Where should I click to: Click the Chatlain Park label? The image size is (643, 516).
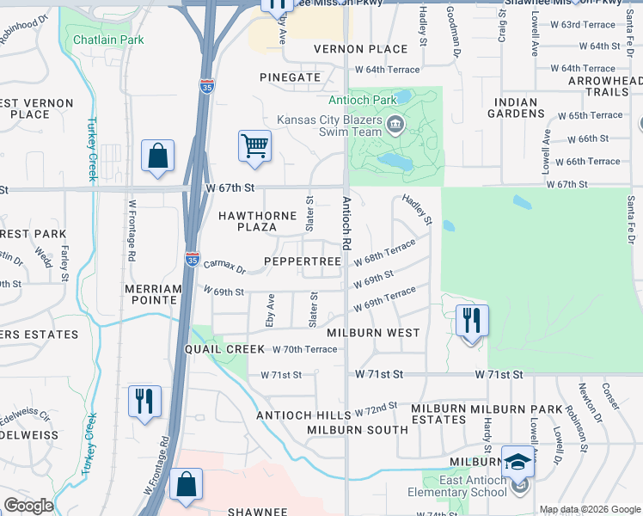pos(108,40)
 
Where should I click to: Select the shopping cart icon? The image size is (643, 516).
pos(255,146)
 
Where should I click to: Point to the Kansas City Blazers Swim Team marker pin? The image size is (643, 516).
pos(395,126)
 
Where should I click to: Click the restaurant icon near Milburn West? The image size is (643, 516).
pos(471,321)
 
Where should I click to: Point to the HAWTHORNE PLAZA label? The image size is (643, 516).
pos(259,221)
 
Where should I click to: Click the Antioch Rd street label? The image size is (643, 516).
pos(346,224)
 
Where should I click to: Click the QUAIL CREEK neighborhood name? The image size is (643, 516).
pos(225,349)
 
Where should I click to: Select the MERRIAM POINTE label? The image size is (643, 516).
pos(152,294)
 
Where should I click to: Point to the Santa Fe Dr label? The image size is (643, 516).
pos(631,219)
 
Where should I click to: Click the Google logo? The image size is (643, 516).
pos(28,505)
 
